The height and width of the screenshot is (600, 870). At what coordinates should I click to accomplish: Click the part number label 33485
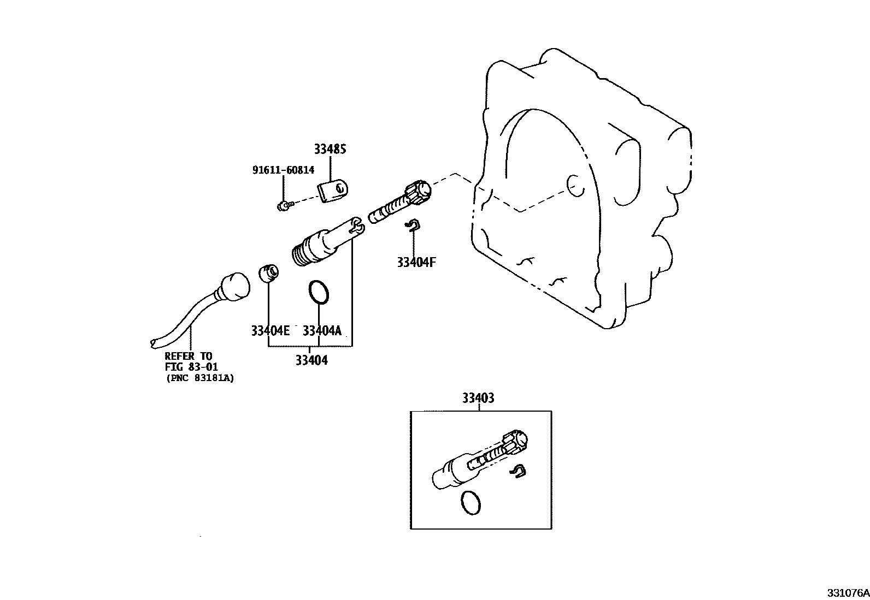330,149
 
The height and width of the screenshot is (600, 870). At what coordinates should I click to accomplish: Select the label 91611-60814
283,170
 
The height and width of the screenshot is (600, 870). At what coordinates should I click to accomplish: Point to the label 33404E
270,331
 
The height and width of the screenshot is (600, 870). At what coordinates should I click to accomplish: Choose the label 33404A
322,331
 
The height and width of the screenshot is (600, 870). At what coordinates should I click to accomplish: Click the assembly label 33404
311,360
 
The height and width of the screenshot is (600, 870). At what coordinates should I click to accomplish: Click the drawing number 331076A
847,593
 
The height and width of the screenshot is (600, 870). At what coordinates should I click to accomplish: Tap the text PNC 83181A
199,378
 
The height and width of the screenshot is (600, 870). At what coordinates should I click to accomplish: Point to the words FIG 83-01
191,367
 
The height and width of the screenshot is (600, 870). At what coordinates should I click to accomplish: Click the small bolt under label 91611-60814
283,206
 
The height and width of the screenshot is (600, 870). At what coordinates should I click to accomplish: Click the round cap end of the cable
234,287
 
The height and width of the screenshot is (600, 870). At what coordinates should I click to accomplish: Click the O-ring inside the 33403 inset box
472,502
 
